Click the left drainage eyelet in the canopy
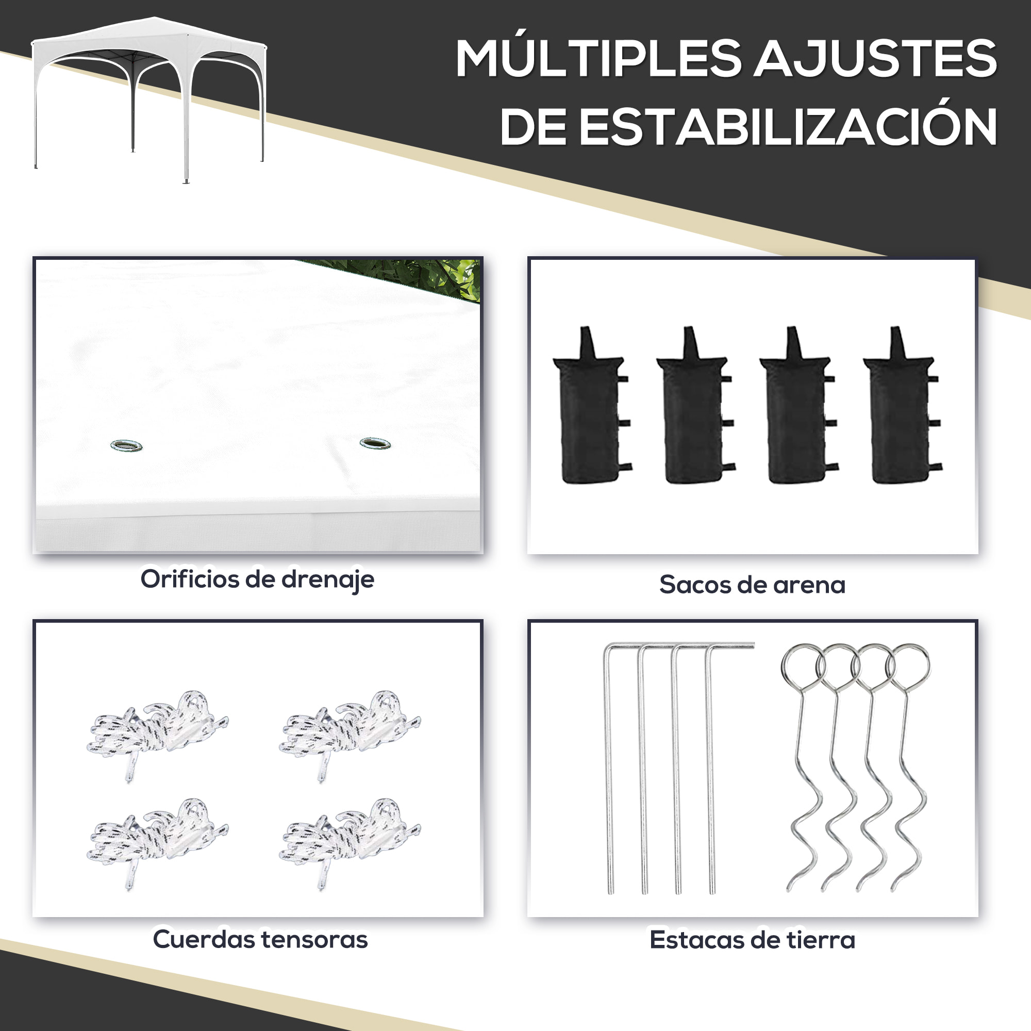126,445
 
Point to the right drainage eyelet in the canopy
375,443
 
